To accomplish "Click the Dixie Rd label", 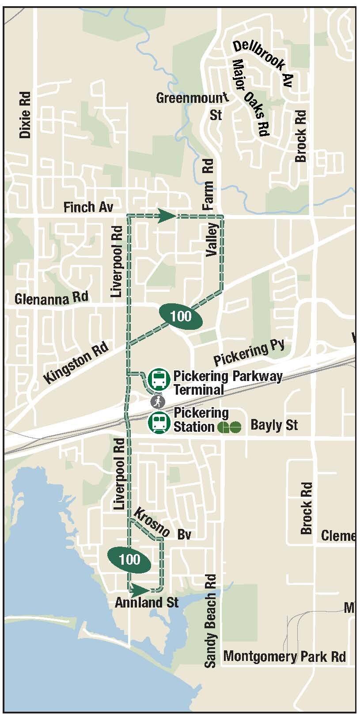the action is (x=25, y=115).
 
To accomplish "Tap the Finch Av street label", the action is (x=88, y=207).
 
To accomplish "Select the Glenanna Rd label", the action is (x=51, y=298).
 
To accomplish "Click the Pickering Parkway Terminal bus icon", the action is (x=159, y=379).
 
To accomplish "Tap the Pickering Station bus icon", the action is (x=159, y=423).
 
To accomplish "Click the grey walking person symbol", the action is (x=158, y=401).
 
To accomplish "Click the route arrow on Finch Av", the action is (x=167, y=216).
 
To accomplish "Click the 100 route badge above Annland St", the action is (x=130, y=560).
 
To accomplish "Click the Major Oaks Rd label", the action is (x=250, y=97).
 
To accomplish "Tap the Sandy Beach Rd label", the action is (x=211, y=620).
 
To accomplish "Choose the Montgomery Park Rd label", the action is (x=284, y=656).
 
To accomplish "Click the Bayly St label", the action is (x=274, y=425).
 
